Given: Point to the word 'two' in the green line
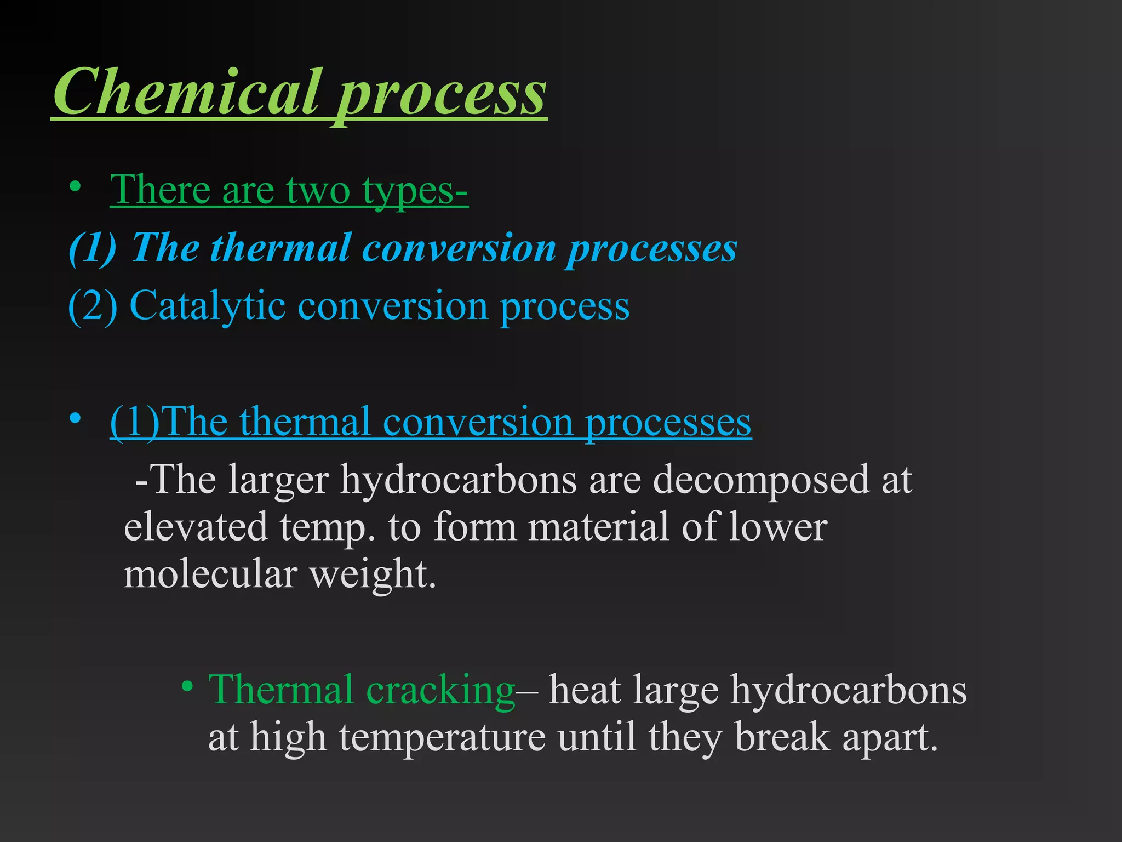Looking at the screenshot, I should (318, 190).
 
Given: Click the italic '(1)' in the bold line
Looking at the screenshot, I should (93, 248).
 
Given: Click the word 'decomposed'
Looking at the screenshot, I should (761, 480).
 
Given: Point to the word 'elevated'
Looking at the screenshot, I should (196, 526).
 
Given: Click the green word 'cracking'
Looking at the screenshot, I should (440, 690).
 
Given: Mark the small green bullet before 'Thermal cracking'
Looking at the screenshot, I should (188, 686).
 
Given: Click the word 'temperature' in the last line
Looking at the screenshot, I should (442, 738).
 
